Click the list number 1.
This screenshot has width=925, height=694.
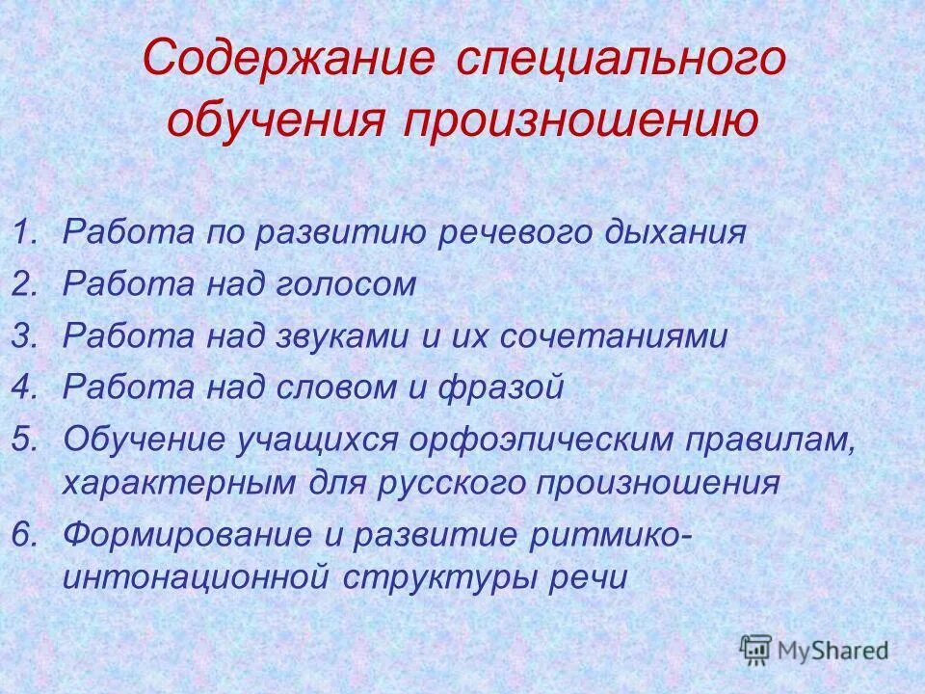click(26, 232)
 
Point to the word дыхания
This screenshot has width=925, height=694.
click(680, 233)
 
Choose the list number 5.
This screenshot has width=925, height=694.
click(26, 440)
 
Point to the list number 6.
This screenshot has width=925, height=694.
click(26, 533)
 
